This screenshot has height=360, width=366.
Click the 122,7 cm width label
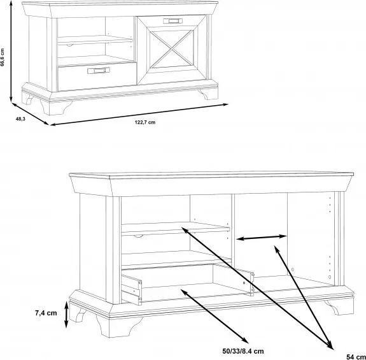point(145,122)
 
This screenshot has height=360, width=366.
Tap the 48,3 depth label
point(20,119)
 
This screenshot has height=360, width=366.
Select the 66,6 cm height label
point(3,57)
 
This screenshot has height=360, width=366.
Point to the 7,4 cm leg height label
point(46,313)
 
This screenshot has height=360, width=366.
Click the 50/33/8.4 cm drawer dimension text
point(243,351)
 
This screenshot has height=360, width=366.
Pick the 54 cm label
point(356,357)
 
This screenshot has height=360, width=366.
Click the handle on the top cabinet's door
point(172,21)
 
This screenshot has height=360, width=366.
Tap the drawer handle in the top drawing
point(99,70)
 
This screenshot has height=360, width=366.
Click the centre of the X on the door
point(172,49)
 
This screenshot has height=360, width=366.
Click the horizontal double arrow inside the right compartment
point(261,238)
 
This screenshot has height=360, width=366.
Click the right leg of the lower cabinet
point(340,308)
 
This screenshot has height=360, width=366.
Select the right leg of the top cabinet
point(208,94)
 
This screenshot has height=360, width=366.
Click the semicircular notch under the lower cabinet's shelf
point(138,236)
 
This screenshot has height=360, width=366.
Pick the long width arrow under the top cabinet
point(139,115)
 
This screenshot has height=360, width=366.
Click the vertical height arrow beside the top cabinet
point(11,51)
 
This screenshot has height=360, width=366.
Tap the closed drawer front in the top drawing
point(97,76)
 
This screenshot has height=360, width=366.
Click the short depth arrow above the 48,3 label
point(30,114)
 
